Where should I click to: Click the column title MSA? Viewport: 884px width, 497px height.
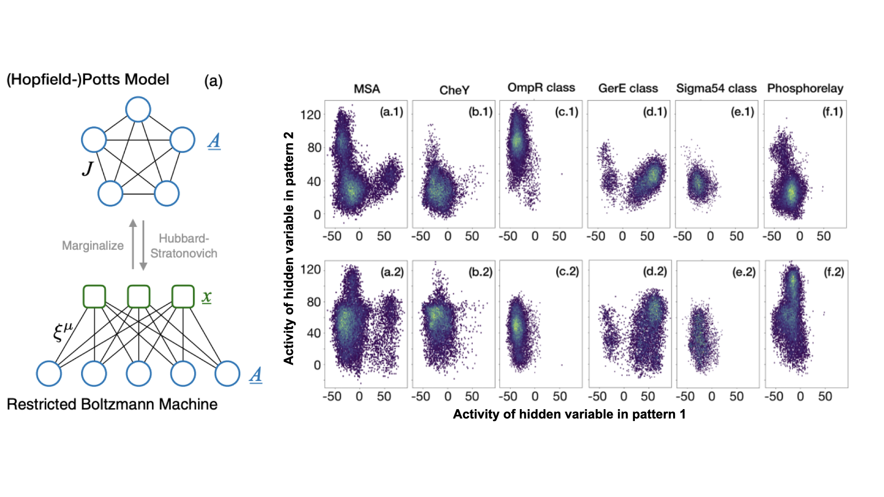point(366,89)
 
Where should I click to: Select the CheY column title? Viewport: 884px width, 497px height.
point(454,90)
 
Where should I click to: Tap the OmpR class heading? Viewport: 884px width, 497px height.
point(541,87)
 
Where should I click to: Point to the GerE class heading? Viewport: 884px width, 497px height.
point(628,88)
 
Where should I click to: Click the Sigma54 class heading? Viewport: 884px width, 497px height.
point(716,88)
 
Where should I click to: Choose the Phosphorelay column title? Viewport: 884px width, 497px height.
point(805,88)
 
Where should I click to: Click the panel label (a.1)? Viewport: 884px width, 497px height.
point(391,112)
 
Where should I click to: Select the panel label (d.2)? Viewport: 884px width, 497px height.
point(655,272)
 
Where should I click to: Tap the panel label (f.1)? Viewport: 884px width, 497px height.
point(832,112)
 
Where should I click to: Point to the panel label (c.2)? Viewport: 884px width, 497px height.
point(567,272)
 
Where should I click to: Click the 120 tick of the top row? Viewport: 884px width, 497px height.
point(310,115)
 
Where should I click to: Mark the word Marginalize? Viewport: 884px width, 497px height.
point(93,246)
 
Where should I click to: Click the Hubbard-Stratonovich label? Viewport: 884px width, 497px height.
point(184,246)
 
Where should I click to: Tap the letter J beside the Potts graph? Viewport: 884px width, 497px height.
point(87,169)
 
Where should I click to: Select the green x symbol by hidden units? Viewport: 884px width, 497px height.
point(207,297)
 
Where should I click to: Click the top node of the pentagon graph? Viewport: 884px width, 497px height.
point(138,110)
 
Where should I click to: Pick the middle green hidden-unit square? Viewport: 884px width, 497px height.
point(139,296)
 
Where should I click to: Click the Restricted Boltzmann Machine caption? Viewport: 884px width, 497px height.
point(112,404)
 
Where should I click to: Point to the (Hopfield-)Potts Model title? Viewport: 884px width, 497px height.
point(88,80)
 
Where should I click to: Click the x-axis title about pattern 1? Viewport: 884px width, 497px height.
point(569,414)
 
